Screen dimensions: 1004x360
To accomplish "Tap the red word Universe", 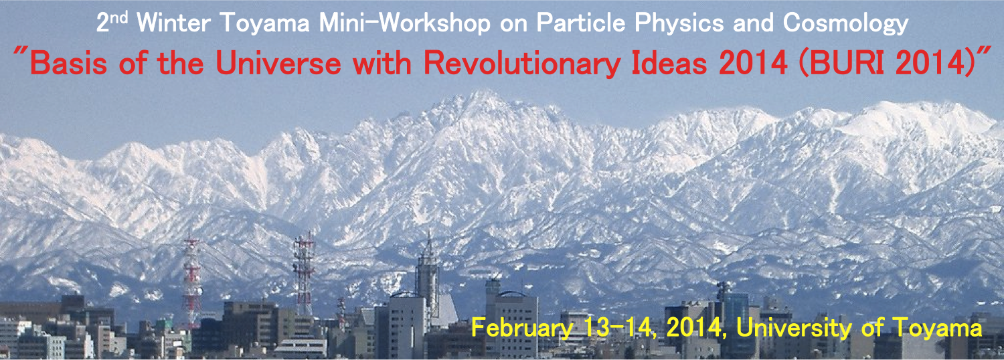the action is click(x=278, y=63).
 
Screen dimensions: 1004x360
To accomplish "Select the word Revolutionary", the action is click(x=522, y=64).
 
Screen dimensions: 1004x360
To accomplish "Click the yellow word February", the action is click(x=522, y=328).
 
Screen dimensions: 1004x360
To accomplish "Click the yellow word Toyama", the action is click(x=937, y=328).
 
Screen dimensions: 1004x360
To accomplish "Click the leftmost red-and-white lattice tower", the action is click(x=192, y=282).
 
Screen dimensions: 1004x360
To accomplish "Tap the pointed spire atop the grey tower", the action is click(x=429, y=244).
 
